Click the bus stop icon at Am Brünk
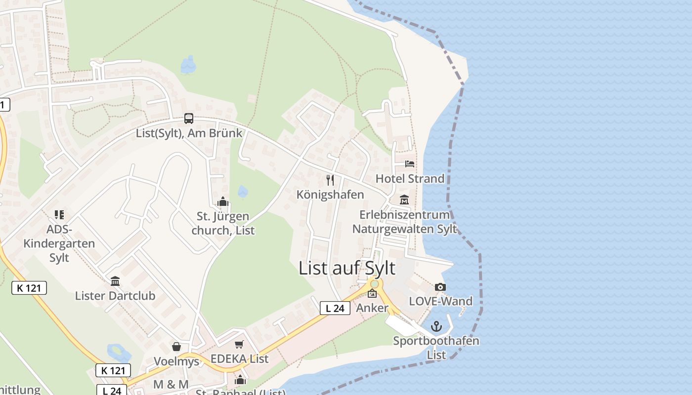pos(189,118)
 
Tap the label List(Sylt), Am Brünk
pos(189,133)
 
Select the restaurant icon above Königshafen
pos(330,180)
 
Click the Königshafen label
pos(330,195)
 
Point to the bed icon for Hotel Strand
pos(410,163)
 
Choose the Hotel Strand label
pos(410,178)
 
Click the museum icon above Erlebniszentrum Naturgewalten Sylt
pos(404,200)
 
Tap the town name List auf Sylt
pos(347,268)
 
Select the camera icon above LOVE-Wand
pos(440,287)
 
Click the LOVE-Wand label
pos(440,301)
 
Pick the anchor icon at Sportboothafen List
pos(436,326)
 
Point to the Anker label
pos(372,308)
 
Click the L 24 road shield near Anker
pos(335,308)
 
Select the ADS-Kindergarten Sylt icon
pos(59,215)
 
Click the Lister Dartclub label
pos(115,296)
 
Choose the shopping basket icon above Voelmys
pos(176,347)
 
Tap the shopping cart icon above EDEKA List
pos(239,344)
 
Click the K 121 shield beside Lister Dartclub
pos(29,288)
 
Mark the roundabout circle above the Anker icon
pos(375,284)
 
